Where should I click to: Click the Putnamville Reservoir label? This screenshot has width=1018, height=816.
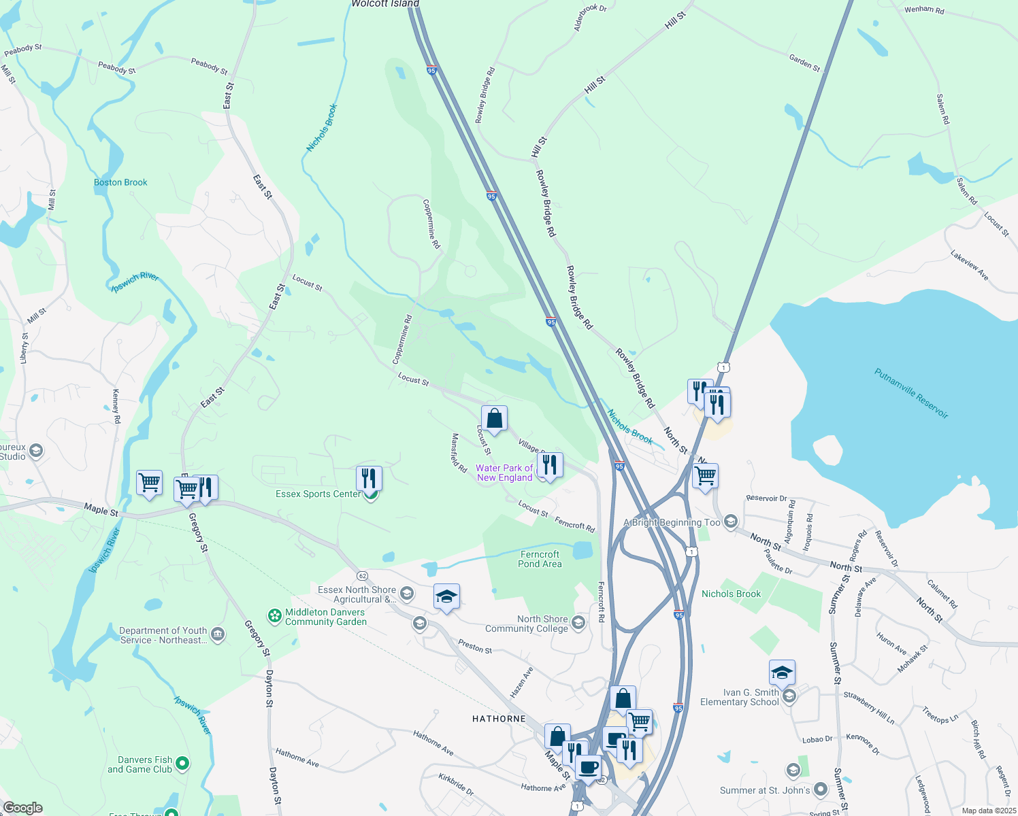911,394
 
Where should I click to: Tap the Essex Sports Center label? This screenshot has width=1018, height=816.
318,494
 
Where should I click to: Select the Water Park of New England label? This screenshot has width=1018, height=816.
504,473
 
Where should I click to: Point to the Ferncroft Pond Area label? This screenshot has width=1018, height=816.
540,559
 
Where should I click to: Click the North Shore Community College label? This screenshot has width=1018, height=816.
542,624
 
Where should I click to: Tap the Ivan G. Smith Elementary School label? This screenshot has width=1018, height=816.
740,697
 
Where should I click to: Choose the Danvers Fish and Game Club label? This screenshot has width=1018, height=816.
145,764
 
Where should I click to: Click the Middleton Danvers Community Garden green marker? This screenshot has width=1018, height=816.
275,616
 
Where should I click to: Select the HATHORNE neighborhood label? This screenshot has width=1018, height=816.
499,719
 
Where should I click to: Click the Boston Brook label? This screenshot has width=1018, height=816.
120,182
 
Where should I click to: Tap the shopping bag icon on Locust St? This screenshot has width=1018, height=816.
495,419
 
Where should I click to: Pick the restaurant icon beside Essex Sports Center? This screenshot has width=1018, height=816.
369,478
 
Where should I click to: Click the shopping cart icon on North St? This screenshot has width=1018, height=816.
706,476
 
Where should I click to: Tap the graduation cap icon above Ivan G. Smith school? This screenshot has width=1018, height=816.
782,673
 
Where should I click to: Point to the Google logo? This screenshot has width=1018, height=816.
22,808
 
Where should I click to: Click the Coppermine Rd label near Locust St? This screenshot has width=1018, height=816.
402,338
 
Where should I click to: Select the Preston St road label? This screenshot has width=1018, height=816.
475,647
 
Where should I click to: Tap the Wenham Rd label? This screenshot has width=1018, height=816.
923,10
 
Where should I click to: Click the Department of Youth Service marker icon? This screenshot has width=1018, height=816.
217,634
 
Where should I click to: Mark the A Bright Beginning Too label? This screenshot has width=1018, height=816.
672,522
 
